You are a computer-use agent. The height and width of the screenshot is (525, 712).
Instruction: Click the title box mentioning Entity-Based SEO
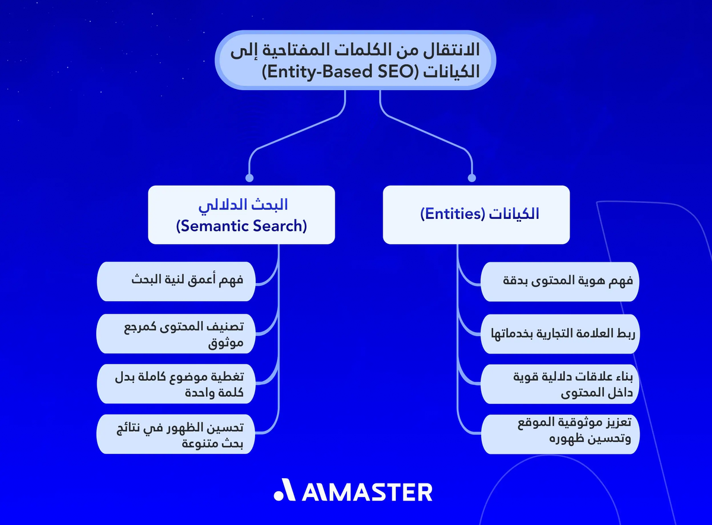point(355,60)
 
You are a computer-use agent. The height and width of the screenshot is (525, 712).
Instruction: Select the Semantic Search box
point(241,215)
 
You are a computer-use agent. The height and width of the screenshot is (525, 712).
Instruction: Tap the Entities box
point(476,215)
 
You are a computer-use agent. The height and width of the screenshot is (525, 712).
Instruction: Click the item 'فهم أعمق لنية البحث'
point(176,281)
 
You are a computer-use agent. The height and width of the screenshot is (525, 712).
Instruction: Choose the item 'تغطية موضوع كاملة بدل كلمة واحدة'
point(176,384)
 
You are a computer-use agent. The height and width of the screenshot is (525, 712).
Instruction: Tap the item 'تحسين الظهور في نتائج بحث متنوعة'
point(176,434)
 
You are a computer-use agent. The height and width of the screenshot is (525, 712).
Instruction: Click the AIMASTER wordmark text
point(367,492)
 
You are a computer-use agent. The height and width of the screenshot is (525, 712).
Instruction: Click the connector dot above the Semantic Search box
point(249,177)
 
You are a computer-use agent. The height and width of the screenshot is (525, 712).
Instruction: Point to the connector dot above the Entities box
point(472,177)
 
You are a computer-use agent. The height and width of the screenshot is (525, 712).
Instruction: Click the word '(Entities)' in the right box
point(451,215)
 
